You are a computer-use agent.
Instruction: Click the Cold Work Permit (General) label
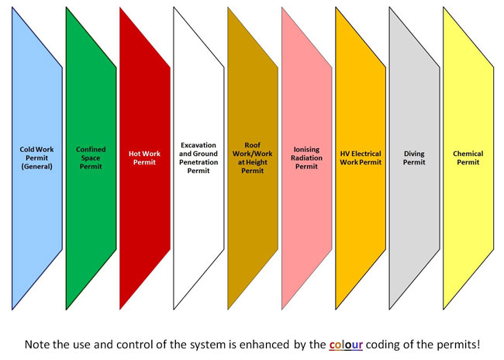36,158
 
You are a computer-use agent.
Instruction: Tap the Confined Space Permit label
91,158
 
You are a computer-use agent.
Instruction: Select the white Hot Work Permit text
144,158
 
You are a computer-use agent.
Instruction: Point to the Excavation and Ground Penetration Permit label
198,158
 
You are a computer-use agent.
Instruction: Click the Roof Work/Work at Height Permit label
252,158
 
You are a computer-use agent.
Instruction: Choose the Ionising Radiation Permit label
306,158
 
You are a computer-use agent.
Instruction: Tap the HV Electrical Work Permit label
361,158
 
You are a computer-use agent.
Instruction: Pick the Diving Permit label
414,158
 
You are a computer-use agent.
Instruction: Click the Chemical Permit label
468,158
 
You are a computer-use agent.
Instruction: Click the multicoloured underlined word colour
346,345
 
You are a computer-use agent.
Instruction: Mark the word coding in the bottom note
381,345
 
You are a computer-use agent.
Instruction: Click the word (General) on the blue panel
36,167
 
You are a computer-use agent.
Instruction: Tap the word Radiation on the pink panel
306,158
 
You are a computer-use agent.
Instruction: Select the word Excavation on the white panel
198,145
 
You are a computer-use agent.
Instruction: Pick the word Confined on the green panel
91,149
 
